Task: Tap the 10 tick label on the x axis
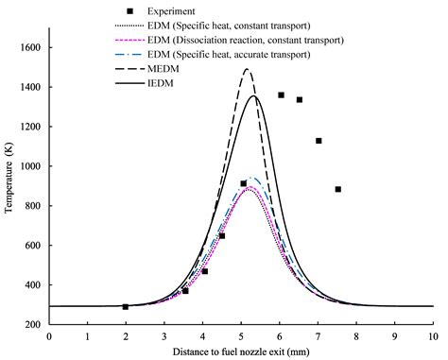pos(432,335)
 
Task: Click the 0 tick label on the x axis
pos(48,335)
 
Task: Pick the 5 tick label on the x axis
pos(240,335)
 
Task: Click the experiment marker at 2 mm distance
pos(125,306)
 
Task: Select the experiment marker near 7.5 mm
pos(337,189)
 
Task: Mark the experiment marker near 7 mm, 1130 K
pos(319,141)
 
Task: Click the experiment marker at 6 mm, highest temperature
pos(281,94)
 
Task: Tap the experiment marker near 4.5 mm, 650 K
pos(221,235)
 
